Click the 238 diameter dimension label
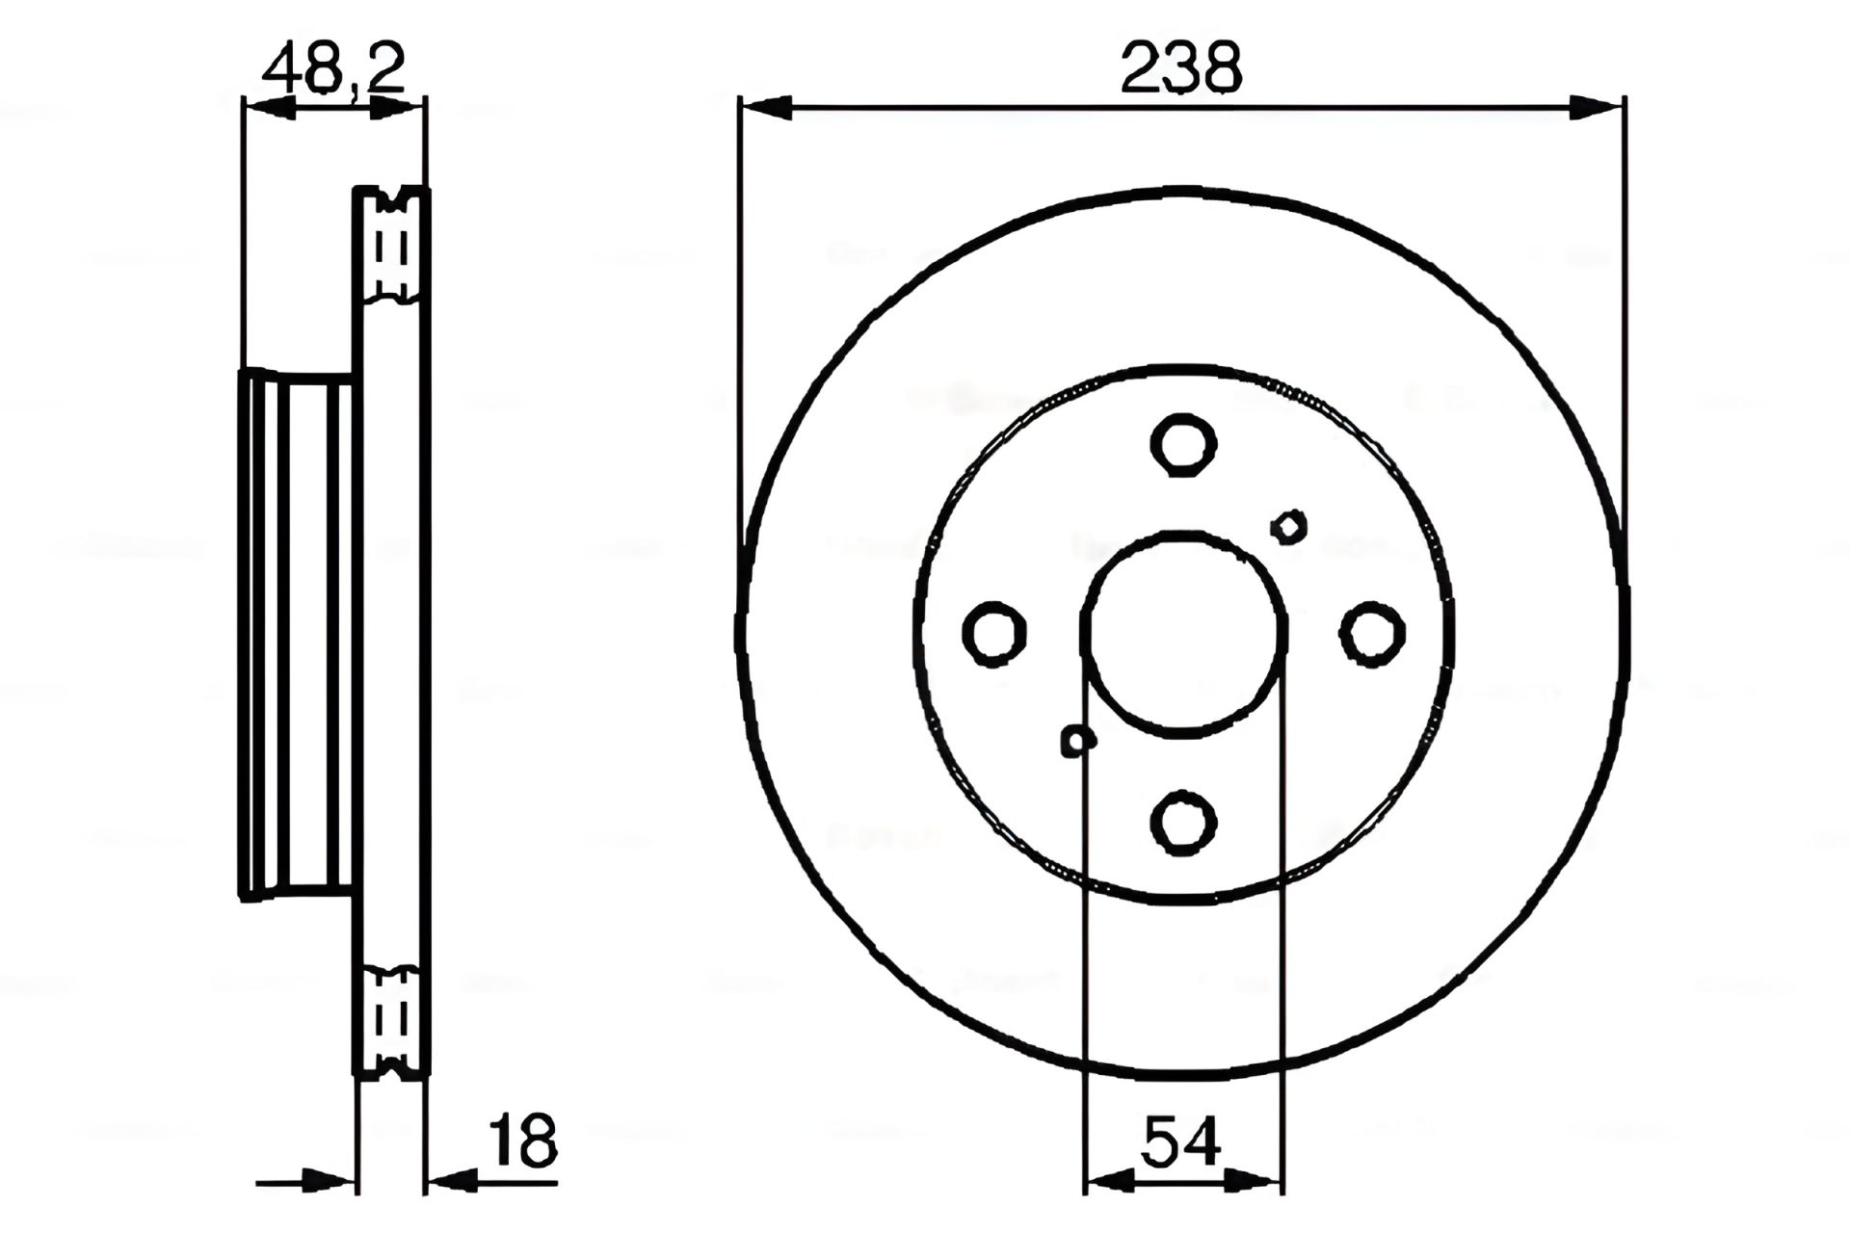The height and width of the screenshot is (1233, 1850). tap(1182, 67)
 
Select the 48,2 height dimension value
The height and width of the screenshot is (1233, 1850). tap(333, 67)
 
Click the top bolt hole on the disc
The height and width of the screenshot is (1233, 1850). tap(1184, 445)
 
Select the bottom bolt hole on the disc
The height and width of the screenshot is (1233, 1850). tap(1184, 822)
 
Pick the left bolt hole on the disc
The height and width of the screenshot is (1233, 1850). tap(994, 634)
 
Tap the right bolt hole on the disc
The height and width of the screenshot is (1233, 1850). tap(1372, 633)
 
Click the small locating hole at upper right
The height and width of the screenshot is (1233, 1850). tap(1289, 526)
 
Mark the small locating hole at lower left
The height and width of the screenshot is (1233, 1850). tap(1078, 741)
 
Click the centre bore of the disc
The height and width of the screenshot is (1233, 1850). tap(1184, 634)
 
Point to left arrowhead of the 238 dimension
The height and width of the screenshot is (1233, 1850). tap(767, 108)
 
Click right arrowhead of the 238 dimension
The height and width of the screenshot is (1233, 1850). tap(1596, 108)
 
